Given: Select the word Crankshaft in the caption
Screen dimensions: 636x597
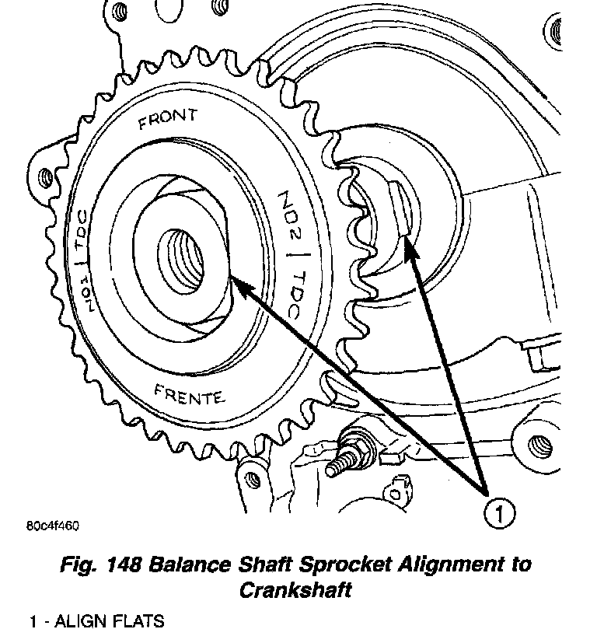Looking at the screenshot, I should [x=292, y=589].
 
